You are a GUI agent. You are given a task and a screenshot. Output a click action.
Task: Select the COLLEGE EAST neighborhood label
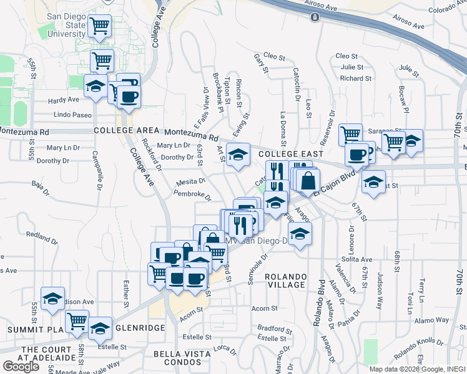point(291,153)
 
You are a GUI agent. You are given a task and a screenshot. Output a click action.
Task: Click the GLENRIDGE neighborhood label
point(141,327)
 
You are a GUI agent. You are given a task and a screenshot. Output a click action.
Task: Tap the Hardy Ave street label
point(64,100)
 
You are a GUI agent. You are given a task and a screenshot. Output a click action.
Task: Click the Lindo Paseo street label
point(73,115)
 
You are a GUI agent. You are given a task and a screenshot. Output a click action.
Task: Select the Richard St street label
point(356,79)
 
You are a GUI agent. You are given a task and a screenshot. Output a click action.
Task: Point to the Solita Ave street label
point(357,259)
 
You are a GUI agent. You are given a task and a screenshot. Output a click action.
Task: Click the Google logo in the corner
point(21,367)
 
